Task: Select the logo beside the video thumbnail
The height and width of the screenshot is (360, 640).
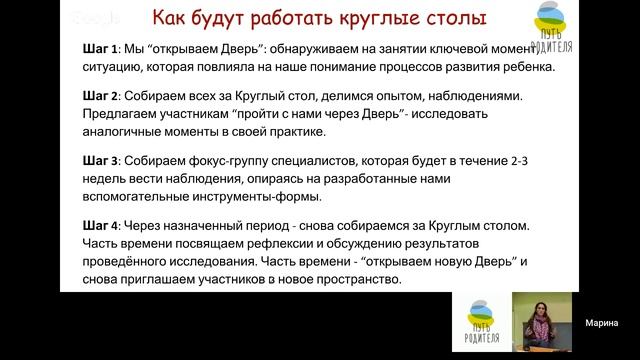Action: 480,323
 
